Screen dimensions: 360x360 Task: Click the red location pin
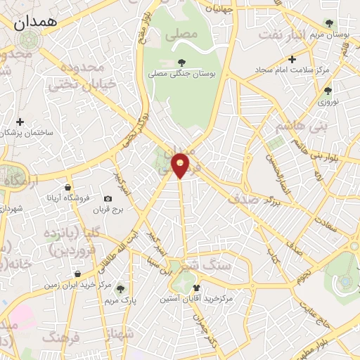click(x=181, y=165)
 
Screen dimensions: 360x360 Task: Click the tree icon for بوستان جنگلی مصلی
click(x=182, y=63)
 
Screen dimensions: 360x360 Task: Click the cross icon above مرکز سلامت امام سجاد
click(x=292, y=59)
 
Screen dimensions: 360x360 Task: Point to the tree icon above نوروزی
click(x=327, y=91)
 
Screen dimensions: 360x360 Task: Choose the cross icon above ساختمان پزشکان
click(x=20, y=122)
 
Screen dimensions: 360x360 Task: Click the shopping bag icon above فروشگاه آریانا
click(x=67, y=187)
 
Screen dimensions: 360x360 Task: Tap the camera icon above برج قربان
click(x=108, y=199)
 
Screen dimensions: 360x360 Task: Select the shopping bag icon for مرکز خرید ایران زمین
click(x=77, y=274)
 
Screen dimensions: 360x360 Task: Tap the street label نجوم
click(x=303, y=271)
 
